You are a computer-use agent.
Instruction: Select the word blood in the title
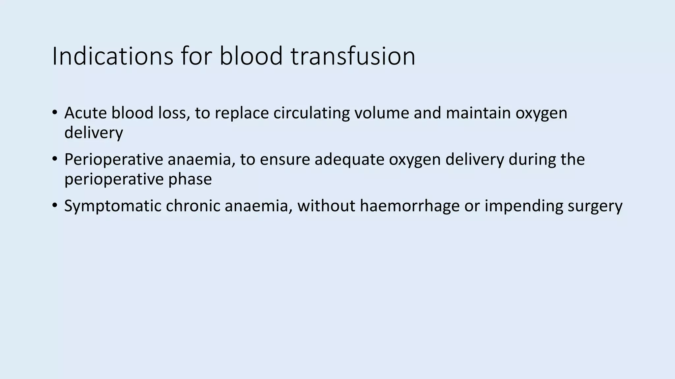tap(251, 56)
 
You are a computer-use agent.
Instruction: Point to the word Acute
tap(85, 113)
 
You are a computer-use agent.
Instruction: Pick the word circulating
tap(311, 113)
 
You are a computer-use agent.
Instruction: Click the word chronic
tap(193, 206)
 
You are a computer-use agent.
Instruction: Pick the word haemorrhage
tap(410, 207)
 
